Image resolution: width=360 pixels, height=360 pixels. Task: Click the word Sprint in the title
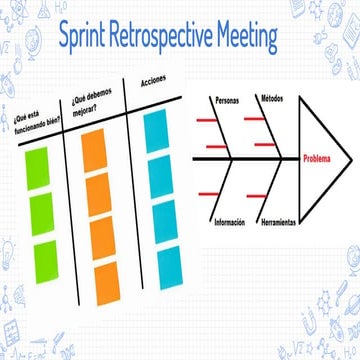pos(87,38)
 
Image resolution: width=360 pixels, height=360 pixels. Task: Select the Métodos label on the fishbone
pos(271,98)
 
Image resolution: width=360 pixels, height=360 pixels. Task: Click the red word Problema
pos(321,158)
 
